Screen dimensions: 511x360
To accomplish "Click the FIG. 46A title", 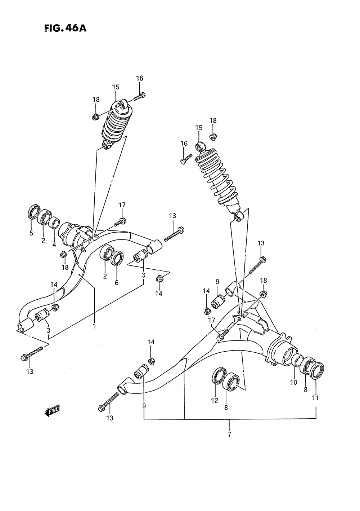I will pos(65,28).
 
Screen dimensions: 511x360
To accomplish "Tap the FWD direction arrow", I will pos(52,410).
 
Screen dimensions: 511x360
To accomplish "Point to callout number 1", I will pos(94,326).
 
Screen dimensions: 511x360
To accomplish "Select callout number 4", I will pos(54,245).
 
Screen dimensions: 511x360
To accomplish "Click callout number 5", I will pos(31,233).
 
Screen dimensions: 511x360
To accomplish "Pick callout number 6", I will pos(117,283).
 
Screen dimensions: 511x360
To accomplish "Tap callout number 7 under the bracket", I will pos(229,434).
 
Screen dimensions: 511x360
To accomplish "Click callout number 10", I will pos(293,382).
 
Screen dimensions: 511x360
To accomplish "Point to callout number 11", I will pos(316,398).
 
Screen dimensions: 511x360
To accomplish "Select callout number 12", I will pos(215,401).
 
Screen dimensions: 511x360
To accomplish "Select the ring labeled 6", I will pos(117,259).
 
